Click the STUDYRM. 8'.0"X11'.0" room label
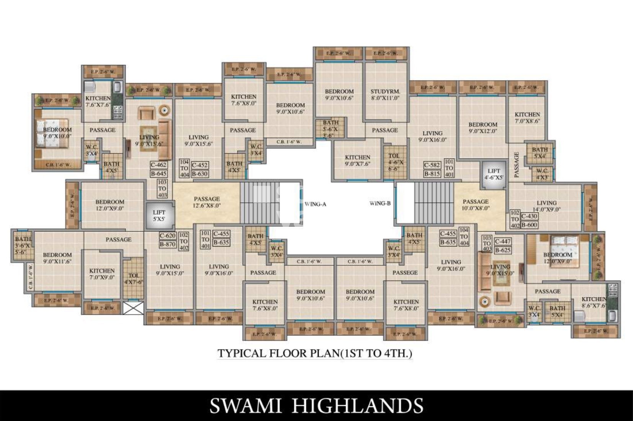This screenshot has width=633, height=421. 385,94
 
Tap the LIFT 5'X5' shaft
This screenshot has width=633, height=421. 159,216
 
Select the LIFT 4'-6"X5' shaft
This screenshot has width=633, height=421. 494,174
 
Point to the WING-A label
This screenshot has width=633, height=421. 315,204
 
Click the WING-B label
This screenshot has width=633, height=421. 380,203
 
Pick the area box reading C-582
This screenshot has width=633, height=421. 432,165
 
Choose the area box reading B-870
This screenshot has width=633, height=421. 168,244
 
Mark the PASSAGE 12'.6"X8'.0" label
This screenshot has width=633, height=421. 207,202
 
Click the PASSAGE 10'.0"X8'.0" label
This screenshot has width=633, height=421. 476,205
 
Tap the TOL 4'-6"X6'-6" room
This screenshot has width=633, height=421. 394,162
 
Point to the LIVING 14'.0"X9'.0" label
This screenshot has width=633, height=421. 546,206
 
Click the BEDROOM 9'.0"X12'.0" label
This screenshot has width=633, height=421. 483,128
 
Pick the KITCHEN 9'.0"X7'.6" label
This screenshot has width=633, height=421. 357,160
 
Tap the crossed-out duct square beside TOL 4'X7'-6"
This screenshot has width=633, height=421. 134,308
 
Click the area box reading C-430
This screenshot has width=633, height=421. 529,216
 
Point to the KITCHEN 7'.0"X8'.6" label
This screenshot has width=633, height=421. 527,117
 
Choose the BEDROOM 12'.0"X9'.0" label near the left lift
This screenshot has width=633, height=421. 110,205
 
